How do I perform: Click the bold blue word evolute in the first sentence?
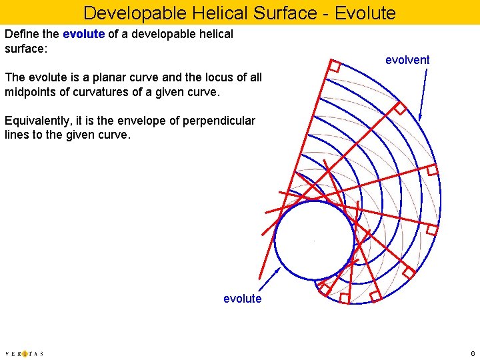tap(83, 34)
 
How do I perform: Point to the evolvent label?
tap(407, 60)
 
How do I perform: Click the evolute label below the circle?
tap(243, 299)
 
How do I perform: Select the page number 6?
tap(471, 353)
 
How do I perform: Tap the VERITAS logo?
tap(24, 353)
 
